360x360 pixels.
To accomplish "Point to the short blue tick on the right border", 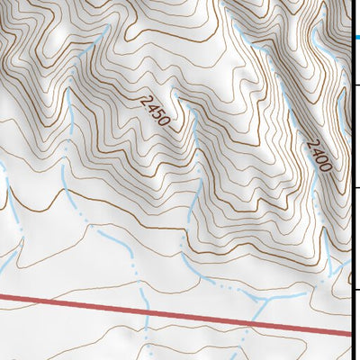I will pyautogui.click(x=355, y=37).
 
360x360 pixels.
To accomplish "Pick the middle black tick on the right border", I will pyautogui.click(x=355, y=187).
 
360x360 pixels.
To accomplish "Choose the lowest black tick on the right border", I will pyautogui.click(x=355, y=290).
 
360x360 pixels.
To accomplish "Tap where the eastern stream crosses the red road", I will pyautogui.click(x=256, y=321).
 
